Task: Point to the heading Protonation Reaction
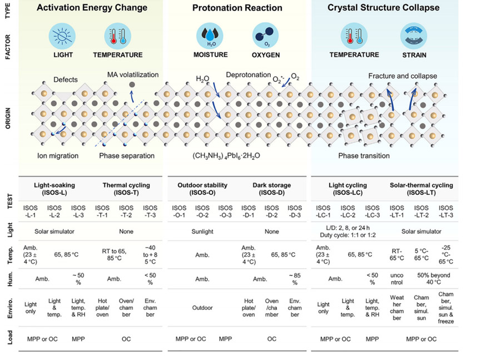237,8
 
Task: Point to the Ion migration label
58,155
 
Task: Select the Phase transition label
364,155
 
